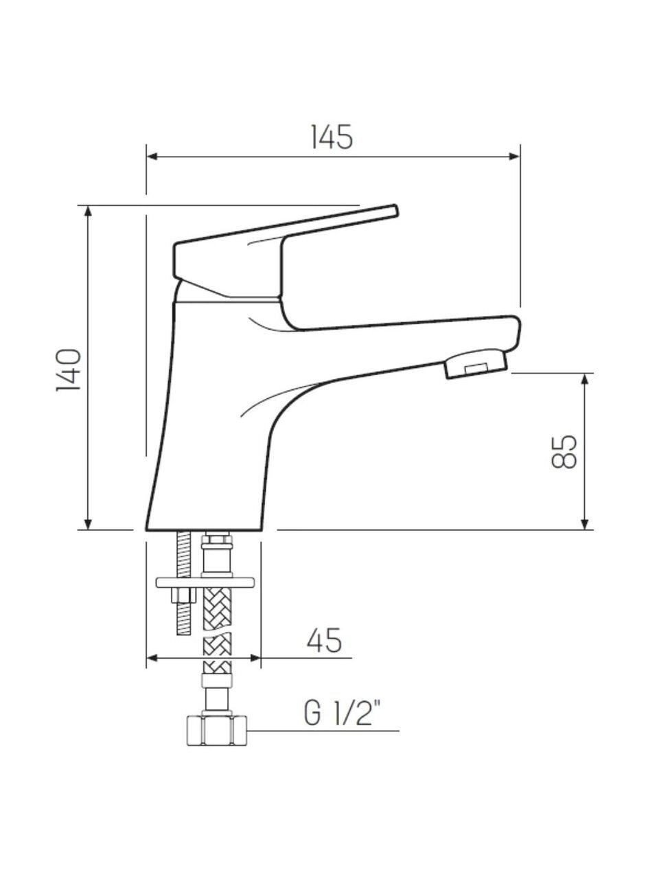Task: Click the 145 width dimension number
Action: click(332, 137)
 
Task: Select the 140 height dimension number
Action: click(69, 369)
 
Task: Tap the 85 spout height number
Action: click(564, 451)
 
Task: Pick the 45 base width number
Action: click(324, 640)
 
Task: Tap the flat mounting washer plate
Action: click(205, 582)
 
